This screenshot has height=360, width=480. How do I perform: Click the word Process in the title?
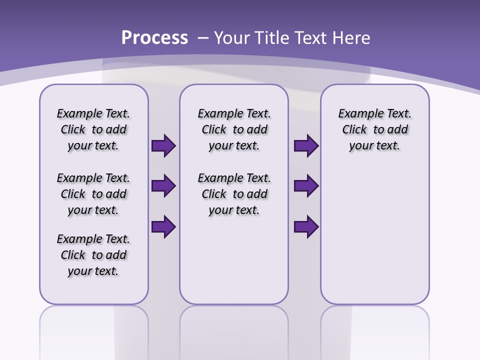pyautogui.click(x=154, y=37)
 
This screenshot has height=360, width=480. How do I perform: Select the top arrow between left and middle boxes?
pyautogui.click(x=163, y=146)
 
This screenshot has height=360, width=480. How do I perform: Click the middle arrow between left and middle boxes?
pyautogui.click(x=163, y=186)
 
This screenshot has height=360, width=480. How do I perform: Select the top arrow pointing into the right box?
pyautogui.click(x=306, y=146)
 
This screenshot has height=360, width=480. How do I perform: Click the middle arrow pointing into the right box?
pyautogui.click(x=306, y=186)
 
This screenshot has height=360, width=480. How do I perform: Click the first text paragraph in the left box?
pyautogui.click(x=93, y=129)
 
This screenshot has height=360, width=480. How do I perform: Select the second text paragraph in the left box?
pyautogui.click(x=93, y=194)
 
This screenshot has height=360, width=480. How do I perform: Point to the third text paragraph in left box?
pyautogui.click(x=93, y=255)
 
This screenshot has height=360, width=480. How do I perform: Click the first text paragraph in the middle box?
pyautogui.click(x=234, y=129)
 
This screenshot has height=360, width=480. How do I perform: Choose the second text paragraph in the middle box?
pyautogui.click(x=234, y=194)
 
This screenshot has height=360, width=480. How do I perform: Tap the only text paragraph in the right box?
pyautogui.click(x=374, y=129)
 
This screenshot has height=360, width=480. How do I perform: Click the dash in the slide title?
pyautogui.click(x=203, y=37)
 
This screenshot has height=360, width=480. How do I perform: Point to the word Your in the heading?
pyautogui.click(x=232, y=37)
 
